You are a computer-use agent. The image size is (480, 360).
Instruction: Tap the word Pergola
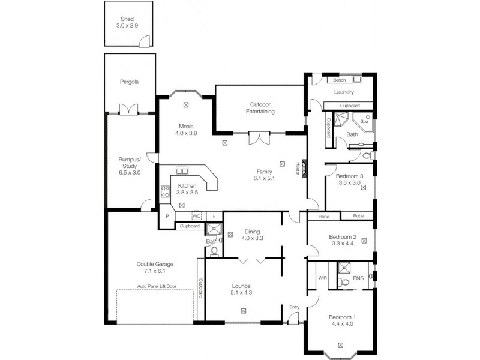(x=129, y=82)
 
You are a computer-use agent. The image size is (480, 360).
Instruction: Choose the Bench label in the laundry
(x=339, y=80)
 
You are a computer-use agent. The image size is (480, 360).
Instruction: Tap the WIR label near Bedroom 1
(x=322, y=278)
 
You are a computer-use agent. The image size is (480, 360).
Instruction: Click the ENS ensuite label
(x=358, y=278)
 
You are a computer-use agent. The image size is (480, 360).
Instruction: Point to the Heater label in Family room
(x=298, y=169)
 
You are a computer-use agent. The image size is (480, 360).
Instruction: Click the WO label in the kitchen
(x=196, y=216)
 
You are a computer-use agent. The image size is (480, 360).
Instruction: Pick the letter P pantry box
(x=167, y=216)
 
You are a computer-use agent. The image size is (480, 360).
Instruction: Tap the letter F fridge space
(x=214, y=216)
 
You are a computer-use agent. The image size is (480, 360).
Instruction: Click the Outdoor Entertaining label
(x=260, y=108)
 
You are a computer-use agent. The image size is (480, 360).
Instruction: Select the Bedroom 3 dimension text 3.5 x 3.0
(x=348, y=182)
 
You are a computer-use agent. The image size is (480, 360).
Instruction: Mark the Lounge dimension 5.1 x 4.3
(x=241, y=293)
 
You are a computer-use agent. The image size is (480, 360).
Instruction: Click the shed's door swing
(x=144, y=41)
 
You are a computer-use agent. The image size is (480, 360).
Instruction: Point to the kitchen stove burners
(x=165, y=192)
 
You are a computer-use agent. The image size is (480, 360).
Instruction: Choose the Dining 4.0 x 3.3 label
(x=253, y=235)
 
